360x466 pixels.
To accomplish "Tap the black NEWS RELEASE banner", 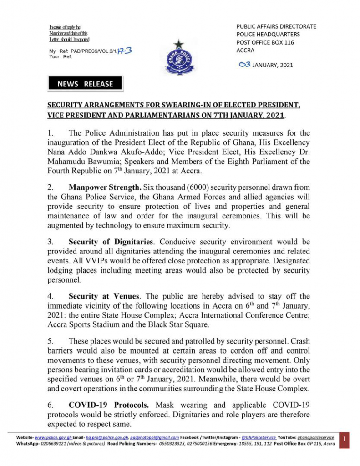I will pos(85,84).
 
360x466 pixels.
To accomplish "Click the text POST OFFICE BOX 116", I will pos(265,42).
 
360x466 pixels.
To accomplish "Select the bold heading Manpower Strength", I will pos(103,200).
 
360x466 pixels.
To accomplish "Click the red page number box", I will pos(345,440).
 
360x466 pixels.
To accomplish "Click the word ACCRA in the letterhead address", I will pos(245,51).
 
